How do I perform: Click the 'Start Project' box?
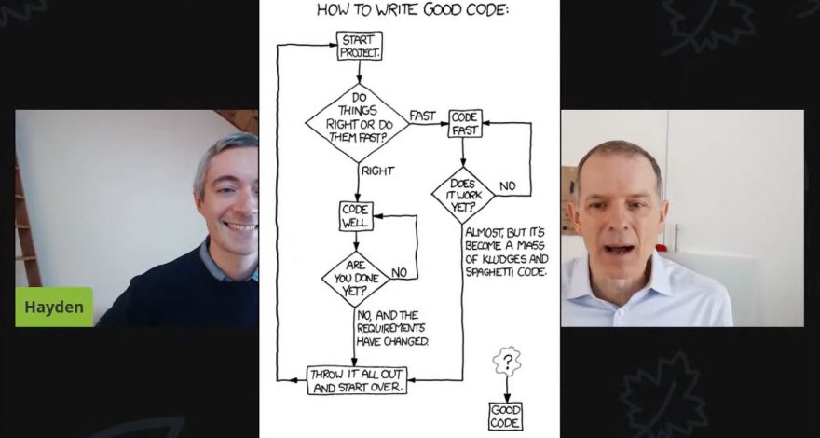click(x=359, y=47)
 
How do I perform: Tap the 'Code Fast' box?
click(x=464, y=123)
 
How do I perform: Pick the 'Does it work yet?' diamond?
click(x=463, y=194)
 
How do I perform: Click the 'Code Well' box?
click(x=355, y=216)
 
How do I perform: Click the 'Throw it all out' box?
click(x=357, y=380)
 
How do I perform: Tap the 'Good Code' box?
click(x=505, y=417)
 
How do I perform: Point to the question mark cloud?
click(x=506, y=360)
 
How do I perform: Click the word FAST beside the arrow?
click(x=422, y=116)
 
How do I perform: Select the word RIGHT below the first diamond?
click(x=377, y=171)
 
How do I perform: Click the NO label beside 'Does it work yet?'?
click(x=507, y=186)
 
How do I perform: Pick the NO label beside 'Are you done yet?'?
click(x=399, y=272)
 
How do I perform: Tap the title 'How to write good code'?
click(x=414, y=10)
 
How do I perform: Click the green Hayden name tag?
click(x=53, y=307)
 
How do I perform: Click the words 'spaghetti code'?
click(x=506, y=271)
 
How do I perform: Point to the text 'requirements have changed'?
click(x=392, y=328)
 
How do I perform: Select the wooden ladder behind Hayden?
click(x=26, y=224)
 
